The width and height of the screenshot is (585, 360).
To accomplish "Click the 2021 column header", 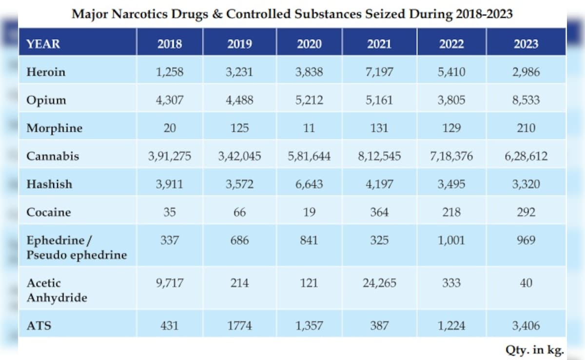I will click(x=379, y=44).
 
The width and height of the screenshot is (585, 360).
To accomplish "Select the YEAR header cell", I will click(x=43, y=44).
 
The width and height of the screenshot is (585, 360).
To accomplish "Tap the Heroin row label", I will click(x=46, y=72).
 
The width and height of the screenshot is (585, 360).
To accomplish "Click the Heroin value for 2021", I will click(x=379, y=72).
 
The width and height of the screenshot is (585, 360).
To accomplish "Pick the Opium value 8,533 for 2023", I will click(x=526, y=100).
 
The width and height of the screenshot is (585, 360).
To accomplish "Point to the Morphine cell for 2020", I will click(x=309, y=128).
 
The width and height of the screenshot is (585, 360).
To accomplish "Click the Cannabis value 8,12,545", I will click(x=379, y=156).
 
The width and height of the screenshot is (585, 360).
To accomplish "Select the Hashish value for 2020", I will click(x=309, y=184).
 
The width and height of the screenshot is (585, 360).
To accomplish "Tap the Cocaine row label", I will click(x=49, y=212).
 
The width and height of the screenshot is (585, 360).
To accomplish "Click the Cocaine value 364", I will click(x=379, y=212).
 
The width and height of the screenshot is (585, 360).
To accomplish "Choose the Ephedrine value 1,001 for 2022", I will click(x=451, y=240).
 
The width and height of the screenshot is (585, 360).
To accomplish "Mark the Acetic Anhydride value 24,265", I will click(x=379, y=283).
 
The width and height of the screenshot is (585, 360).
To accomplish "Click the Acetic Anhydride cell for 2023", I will click(x=526, y=283).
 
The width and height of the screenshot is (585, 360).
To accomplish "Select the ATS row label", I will click(x=39, y=325).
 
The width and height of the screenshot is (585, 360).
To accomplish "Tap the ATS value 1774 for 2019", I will click(x=239, y=325).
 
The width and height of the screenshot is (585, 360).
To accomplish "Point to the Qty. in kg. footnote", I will click(x=534, y=349).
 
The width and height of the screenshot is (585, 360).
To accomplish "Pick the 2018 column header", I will click(x=170, y=44).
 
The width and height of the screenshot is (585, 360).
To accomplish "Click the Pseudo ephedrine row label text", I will click(x=77, y=255).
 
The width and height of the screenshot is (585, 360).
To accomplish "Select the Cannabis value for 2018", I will click(x=170, y=156).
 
